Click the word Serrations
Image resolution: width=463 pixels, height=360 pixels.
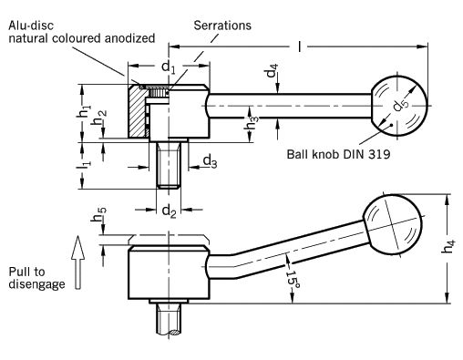(x=222, y=26)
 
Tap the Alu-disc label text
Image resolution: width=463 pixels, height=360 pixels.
(x=31, y=26)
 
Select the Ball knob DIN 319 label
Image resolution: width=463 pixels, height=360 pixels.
(x=338, y=154)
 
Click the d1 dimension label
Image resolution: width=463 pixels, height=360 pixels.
(x=169, y=67)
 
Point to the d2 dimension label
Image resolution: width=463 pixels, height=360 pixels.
(x=169, y=211)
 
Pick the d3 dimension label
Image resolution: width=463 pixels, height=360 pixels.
(x=210, y=161)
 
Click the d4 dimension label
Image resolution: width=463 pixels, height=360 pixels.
(x=272, y=70)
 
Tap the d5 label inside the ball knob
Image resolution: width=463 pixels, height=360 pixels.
(x=401, y=104)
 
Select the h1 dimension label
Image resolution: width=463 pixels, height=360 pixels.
(x=84, y=111)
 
